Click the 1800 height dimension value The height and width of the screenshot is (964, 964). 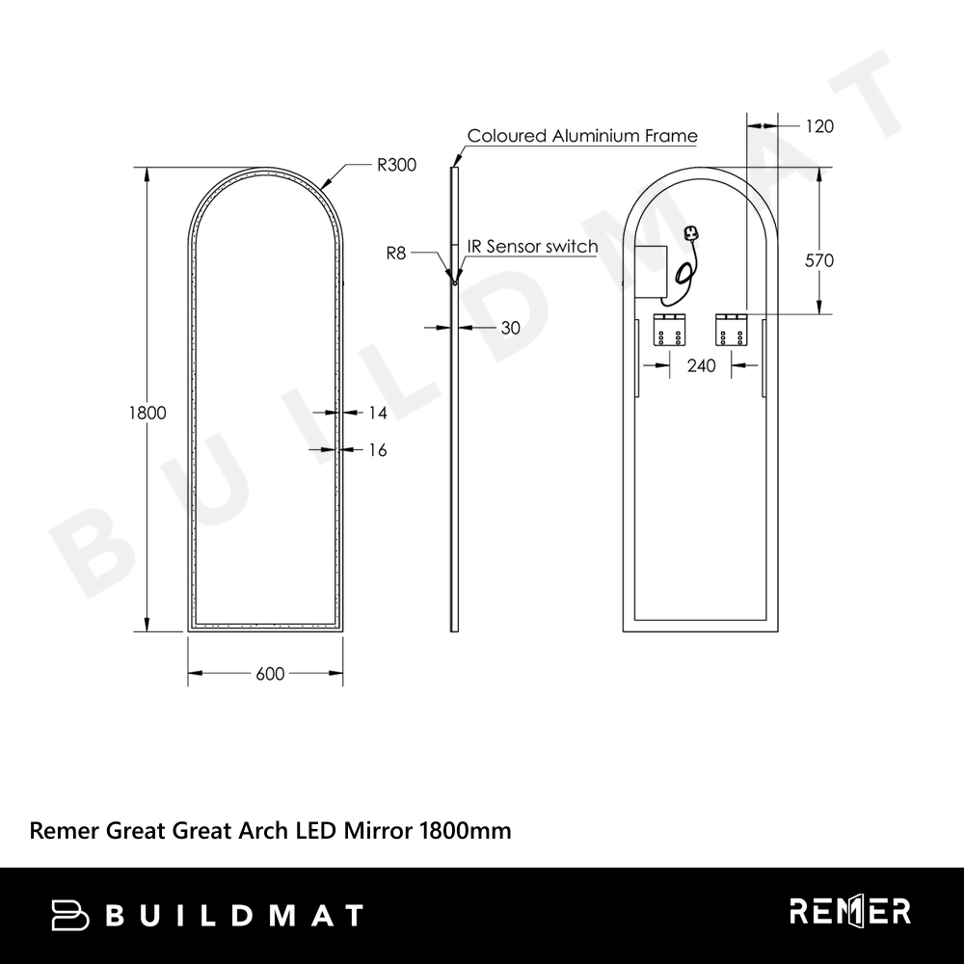click(x=147, y=413)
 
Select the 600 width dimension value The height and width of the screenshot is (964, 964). click(x=270, y=674)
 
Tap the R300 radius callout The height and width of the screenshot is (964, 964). click(x=396, y=165)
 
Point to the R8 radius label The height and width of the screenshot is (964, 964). click(x=396, y=254)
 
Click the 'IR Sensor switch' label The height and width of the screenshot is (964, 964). click(x=532, y=247)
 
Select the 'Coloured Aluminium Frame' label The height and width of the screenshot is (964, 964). click(x=582, y=136)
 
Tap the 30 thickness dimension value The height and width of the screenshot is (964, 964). click(x=510, y=328)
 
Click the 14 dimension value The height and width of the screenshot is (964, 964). click(x=378, y=413)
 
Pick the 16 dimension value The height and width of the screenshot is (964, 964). click(x=378, y=450)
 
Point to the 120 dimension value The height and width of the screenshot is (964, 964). click(x=819, y=126)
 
